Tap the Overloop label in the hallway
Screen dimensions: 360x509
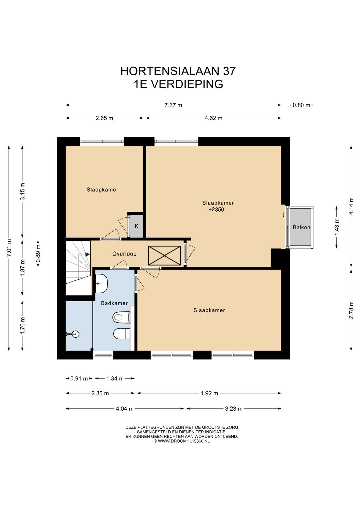pos(124,254)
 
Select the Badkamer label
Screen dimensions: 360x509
pos(114,303)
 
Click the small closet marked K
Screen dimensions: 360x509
pos(137,226)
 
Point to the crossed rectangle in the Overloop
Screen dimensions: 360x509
pos(164,256)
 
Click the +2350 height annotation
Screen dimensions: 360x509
pos(216,209)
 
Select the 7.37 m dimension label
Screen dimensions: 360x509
pos(173,105)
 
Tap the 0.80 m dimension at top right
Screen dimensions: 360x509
pos(301,105)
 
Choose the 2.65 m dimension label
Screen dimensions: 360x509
pos(104,118)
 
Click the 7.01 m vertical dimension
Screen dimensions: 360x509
pos(9,248)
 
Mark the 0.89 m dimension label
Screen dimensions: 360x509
pos(38,253)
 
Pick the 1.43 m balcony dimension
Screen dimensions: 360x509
pos(337,227)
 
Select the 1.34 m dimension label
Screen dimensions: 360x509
pos(115,379)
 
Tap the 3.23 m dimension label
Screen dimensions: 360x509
pos(234,409)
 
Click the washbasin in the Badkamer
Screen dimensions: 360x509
pos(101,284)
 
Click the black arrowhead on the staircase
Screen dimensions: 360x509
pos(87,255)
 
